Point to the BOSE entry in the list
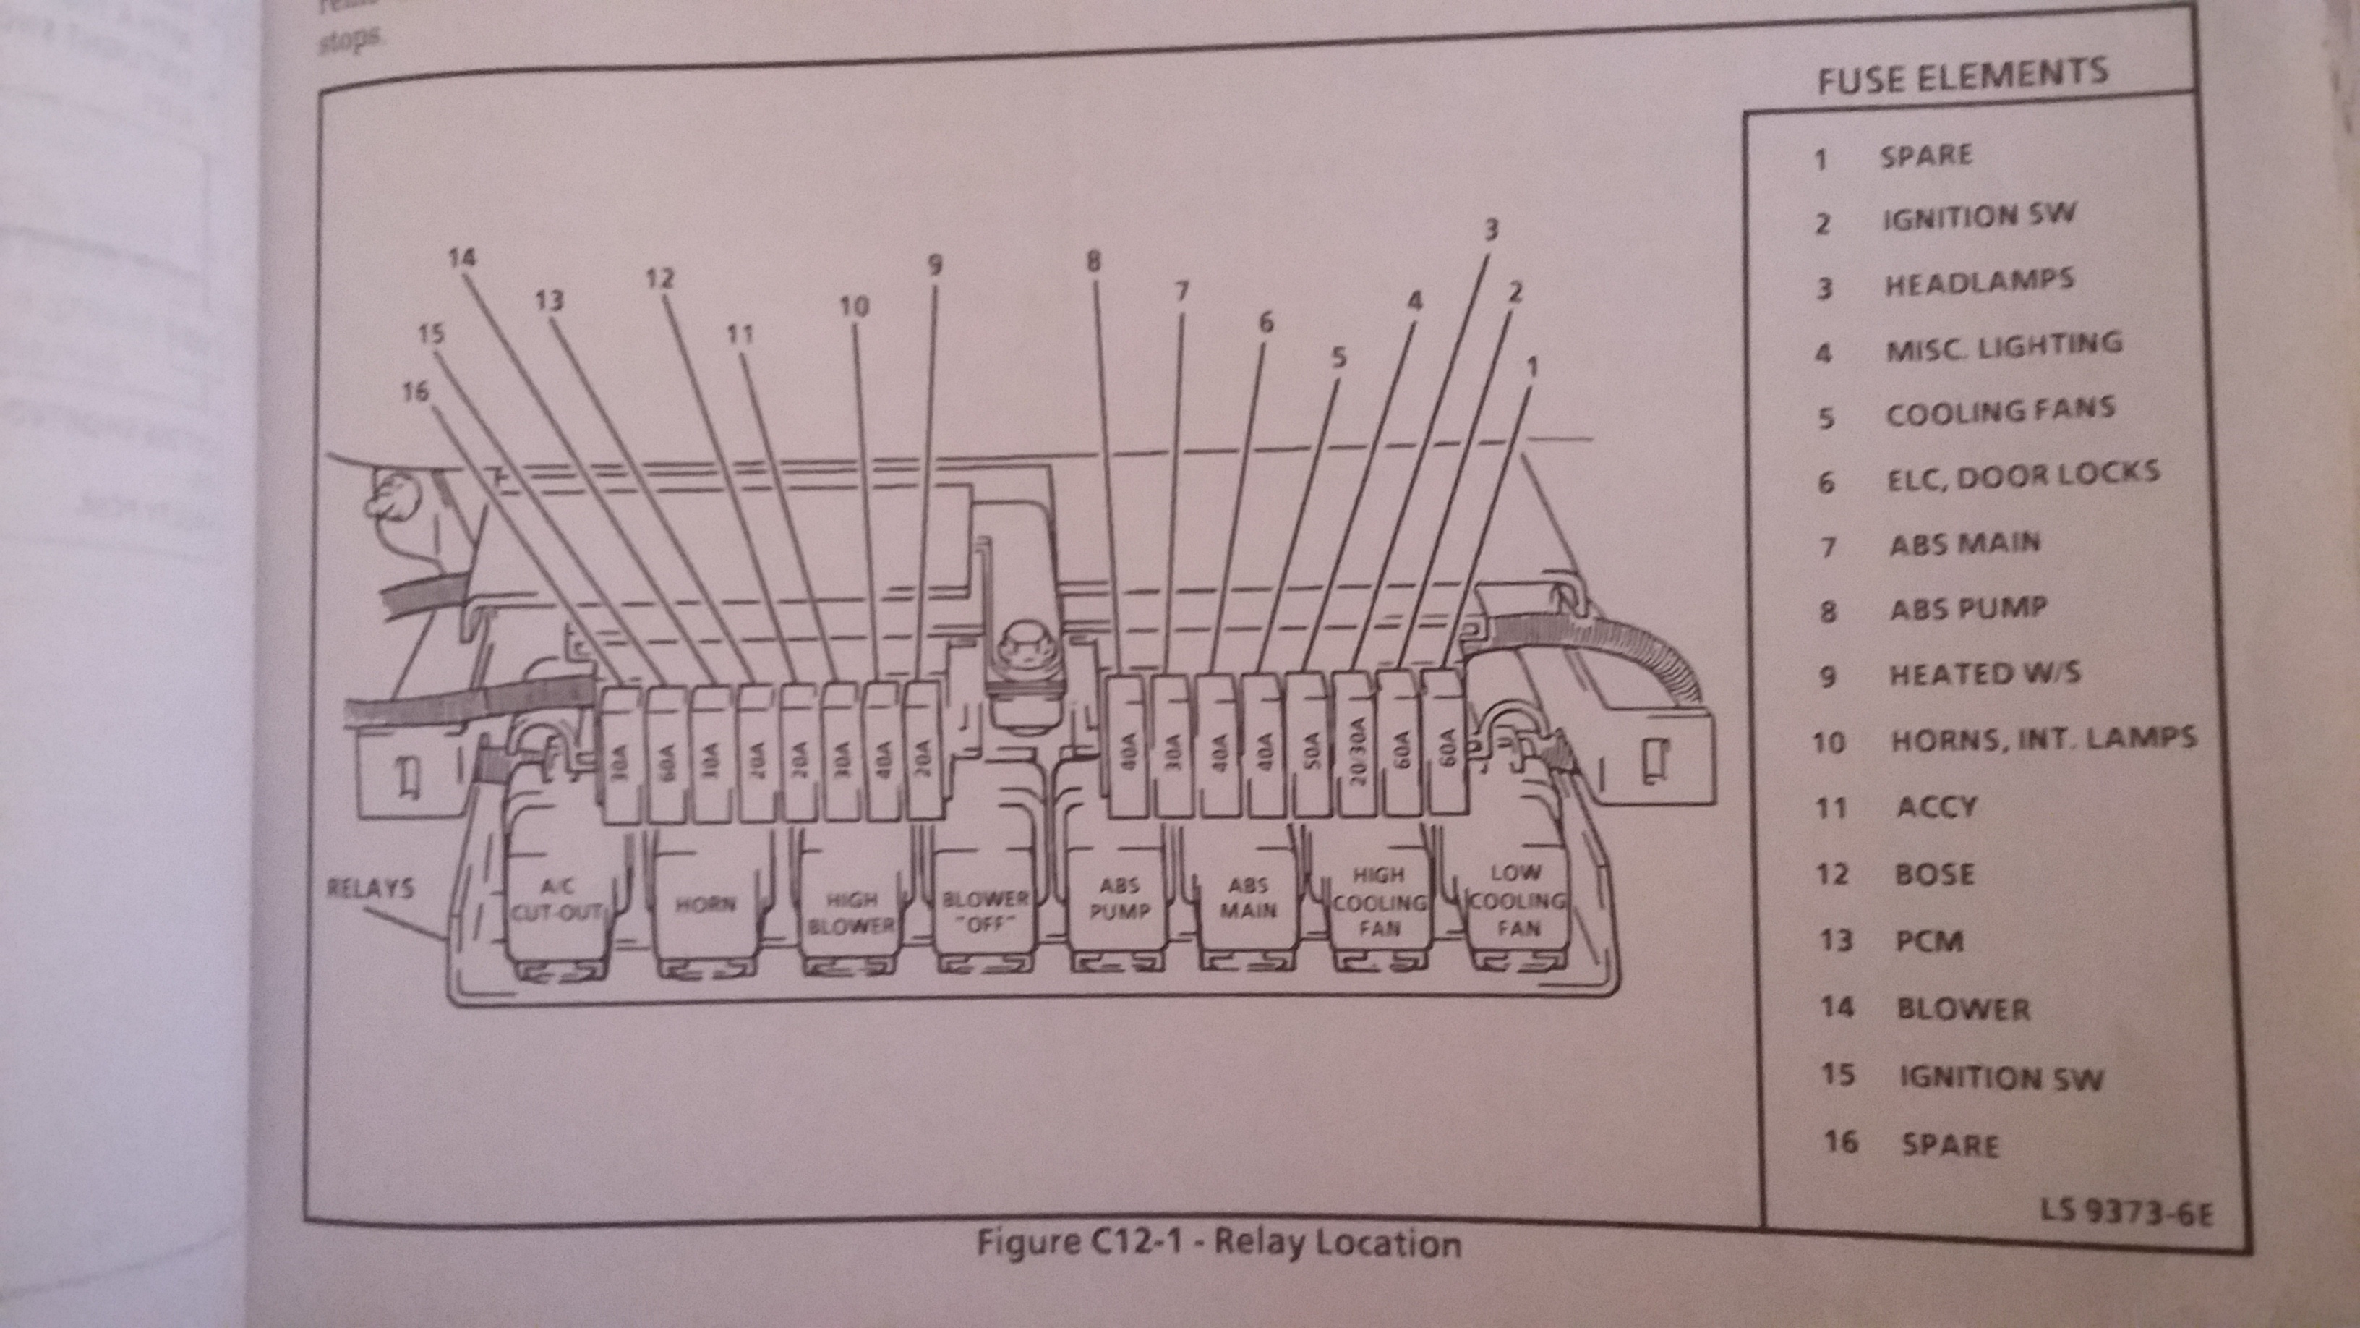(x=1933, y=874)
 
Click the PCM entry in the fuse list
(x=1928, y=941)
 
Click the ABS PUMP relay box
(x=1119, y=899)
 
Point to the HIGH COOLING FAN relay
(x=1379, y=902)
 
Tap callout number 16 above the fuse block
(x=415, y=392)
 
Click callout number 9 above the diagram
(x=934, y=265)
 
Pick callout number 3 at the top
(x=1491, y=230)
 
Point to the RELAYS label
(x=370, y=888)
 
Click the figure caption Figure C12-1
(x=1218, y=1243)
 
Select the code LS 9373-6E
(x=2126, y=1212)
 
